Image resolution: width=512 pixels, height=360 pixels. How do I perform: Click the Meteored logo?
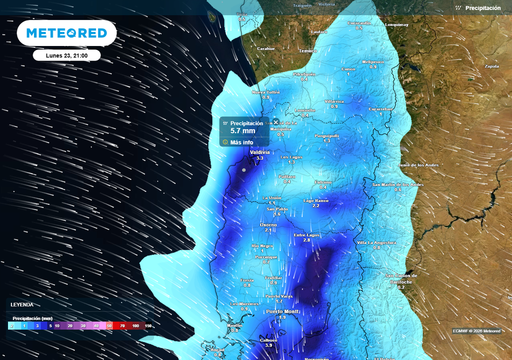(66, 33)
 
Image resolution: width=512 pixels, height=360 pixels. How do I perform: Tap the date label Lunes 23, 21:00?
(67, 55)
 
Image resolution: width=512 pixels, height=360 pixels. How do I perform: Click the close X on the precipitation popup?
(275, 122)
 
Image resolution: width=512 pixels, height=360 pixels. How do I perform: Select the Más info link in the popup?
(241, 142)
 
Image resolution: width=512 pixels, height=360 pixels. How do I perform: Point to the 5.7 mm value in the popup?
(242, 131)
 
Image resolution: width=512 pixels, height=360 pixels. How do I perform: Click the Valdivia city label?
(260, 152)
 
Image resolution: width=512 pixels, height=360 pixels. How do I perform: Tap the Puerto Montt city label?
(282, 311)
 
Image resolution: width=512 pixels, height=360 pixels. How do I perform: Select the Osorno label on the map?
(268, 225)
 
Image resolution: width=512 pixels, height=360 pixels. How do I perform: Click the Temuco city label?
(308, 51)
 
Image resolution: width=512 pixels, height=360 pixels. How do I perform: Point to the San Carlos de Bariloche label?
(401, 278)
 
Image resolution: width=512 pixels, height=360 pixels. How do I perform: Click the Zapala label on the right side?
(491, 66)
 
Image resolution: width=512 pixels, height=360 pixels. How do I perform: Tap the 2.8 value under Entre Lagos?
(306, 240)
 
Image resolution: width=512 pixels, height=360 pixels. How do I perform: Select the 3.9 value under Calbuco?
(268, 345)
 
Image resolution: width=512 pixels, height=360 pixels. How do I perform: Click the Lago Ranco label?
(316, 200)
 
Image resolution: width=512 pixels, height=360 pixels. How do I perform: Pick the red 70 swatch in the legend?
(122, 325)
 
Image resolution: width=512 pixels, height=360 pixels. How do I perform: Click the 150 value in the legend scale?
(148, 325)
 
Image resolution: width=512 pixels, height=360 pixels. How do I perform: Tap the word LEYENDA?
(22, 304)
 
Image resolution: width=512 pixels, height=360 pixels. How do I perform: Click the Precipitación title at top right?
(482, 8)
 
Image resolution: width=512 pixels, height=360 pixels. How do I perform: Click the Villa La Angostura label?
(376, 242)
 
